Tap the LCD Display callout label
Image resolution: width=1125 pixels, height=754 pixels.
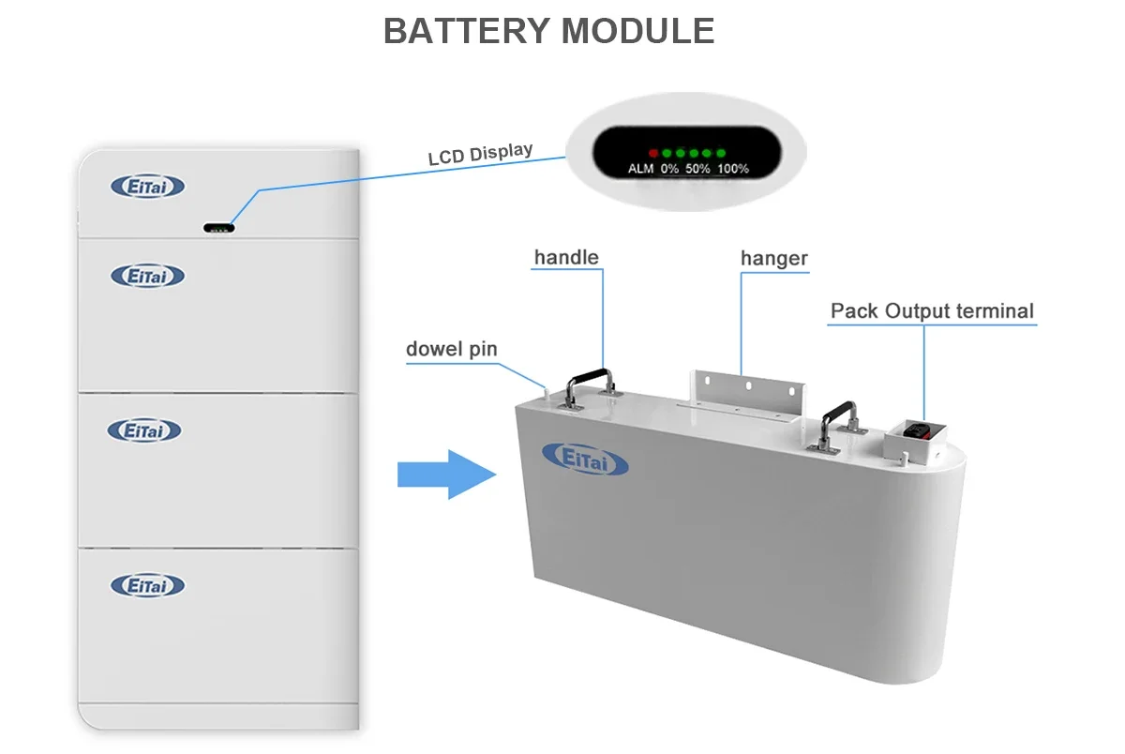(480, 154)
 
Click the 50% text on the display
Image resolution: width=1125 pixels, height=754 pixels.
(697, 169)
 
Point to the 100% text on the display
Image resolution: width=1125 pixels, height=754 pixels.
(733, 169)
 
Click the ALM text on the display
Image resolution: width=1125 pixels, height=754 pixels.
(641, 169)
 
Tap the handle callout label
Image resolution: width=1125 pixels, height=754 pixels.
(566, 257)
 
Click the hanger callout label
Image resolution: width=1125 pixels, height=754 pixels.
(773, 258)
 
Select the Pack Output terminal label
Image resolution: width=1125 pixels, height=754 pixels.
(933, 311)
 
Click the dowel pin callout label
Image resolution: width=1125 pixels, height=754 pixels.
(451, 350)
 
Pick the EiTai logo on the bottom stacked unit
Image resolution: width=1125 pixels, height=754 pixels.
(148, 586)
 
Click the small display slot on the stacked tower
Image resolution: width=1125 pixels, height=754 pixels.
(218, 228)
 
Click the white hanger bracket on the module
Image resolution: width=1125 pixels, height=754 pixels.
(748, 394)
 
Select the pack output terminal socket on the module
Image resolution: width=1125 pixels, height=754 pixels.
(915, 434)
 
